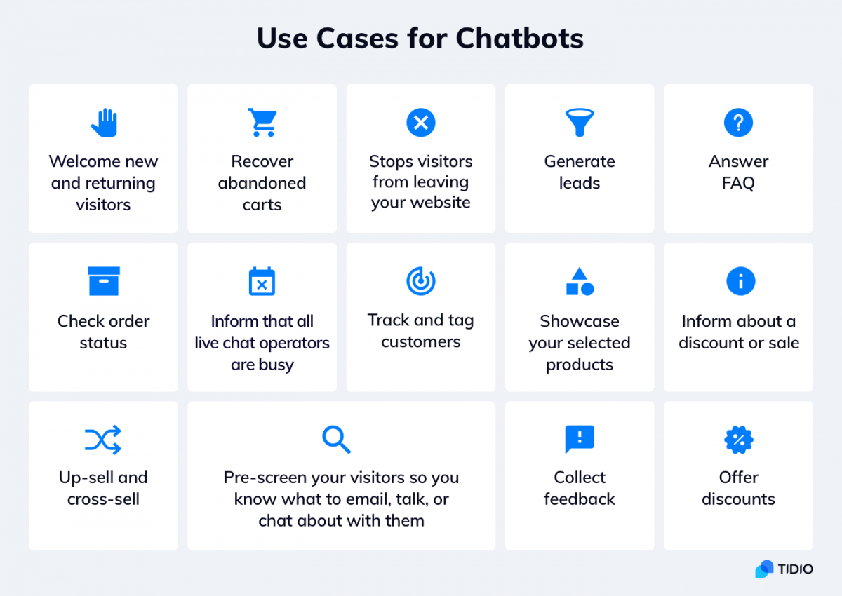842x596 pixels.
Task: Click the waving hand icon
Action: click(104, 123)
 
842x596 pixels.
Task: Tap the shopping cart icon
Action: click(262, 123)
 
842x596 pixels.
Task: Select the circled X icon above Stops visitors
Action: click(420, 123)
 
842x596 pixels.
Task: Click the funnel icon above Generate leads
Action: click(580, 123)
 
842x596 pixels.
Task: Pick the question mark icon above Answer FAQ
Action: click(738, 123)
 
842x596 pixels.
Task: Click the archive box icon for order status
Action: click(104, 281)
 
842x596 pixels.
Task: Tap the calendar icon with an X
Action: click(262, 281)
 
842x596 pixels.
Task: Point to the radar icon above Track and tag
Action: click(421, 281)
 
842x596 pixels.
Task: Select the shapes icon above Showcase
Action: click(580, 281)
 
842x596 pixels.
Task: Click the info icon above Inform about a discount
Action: click(740, 281)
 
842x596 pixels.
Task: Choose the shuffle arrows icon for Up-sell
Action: click(103, 440)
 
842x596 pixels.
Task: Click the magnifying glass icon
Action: click(336, 440)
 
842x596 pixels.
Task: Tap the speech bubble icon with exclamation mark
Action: click(580, 440)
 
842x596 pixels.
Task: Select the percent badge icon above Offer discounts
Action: click(739, 440)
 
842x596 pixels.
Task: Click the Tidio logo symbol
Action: click(765, 569)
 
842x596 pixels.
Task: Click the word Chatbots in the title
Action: click(520, 39)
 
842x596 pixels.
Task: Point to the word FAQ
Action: click(738, 183)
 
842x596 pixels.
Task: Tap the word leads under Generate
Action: click(580, 183)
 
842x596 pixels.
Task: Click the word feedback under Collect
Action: click(580, 499)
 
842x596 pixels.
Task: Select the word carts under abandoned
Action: click(262, 205)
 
